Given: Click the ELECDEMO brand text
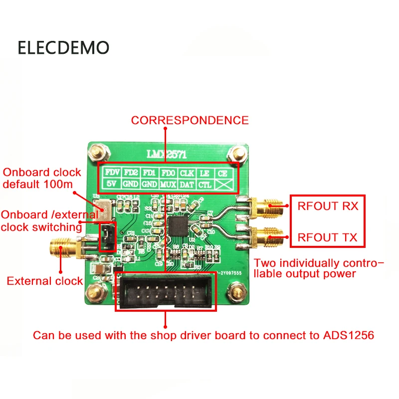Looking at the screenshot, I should [63, 47].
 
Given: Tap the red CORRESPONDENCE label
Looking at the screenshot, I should [190, 120].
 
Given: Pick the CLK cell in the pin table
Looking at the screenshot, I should [187, 173].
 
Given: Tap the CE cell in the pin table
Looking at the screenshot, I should [222, 173].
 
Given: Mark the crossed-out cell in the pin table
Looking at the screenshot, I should [222, 185].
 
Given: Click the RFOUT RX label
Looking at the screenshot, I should [327, 205].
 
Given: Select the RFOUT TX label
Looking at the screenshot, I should [327, 237].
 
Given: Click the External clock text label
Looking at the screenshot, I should [44, 281].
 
